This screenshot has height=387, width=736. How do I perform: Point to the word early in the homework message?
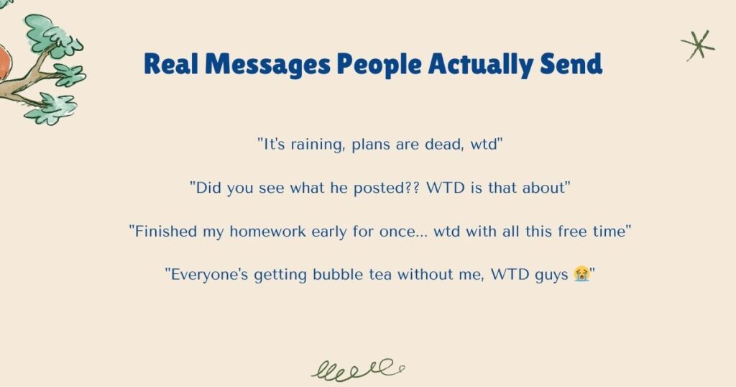click(351, 231)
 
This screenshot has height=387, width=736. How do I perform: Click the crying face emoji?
click(581, 274)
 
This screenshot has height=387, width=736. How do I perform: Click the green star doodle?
click(698, 45)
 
